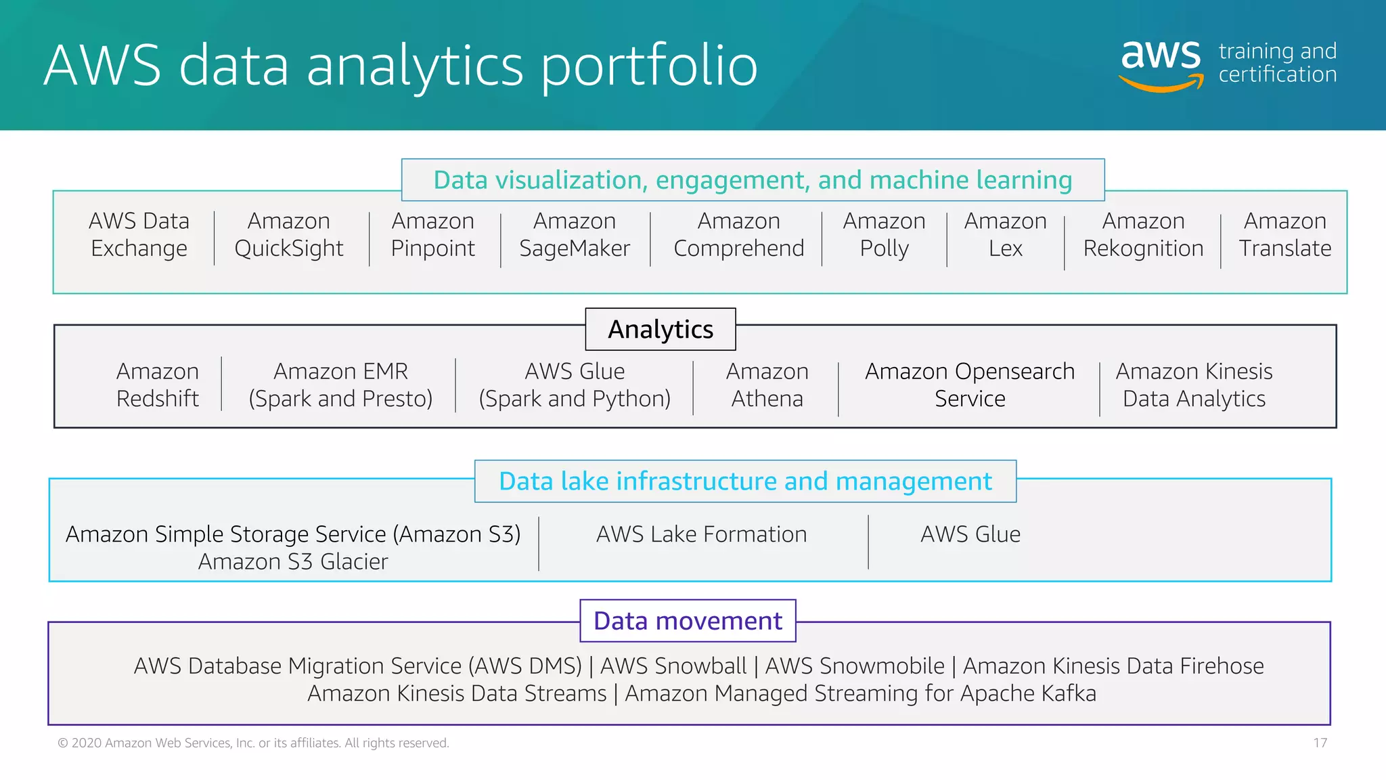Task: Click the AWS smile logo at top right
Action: (1161, 64)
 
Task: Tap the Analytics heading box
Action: (661, 330)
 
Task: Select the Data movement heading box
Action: (688, 621)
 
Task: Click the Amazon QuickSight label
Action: (289, 235)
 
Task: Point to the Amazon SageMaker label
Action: (575, 235)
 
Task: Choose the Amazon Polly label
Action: (884, 235)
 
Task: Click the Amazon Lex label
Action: (1005, 235)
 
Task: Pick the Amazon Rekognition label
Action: (1143, 235)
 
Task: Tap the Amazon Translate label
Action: (1284, 235)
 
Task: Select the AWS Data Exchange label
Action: (139, 235)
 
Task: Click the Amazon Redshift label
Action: (158, 385)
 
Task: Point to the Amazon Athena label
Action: (767, 385)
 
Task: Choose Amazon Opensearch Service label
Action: (970, 385)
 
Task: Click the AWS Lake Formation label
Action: (701, 535)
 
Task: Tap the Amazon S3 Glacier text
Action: (293, 562)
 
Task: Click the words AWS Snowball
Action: (673, 666)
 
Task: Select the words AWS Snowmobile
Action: (855, 666)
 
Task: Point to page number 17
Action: (1320, 743)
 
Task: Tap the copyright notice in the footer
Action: (253, 743)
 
